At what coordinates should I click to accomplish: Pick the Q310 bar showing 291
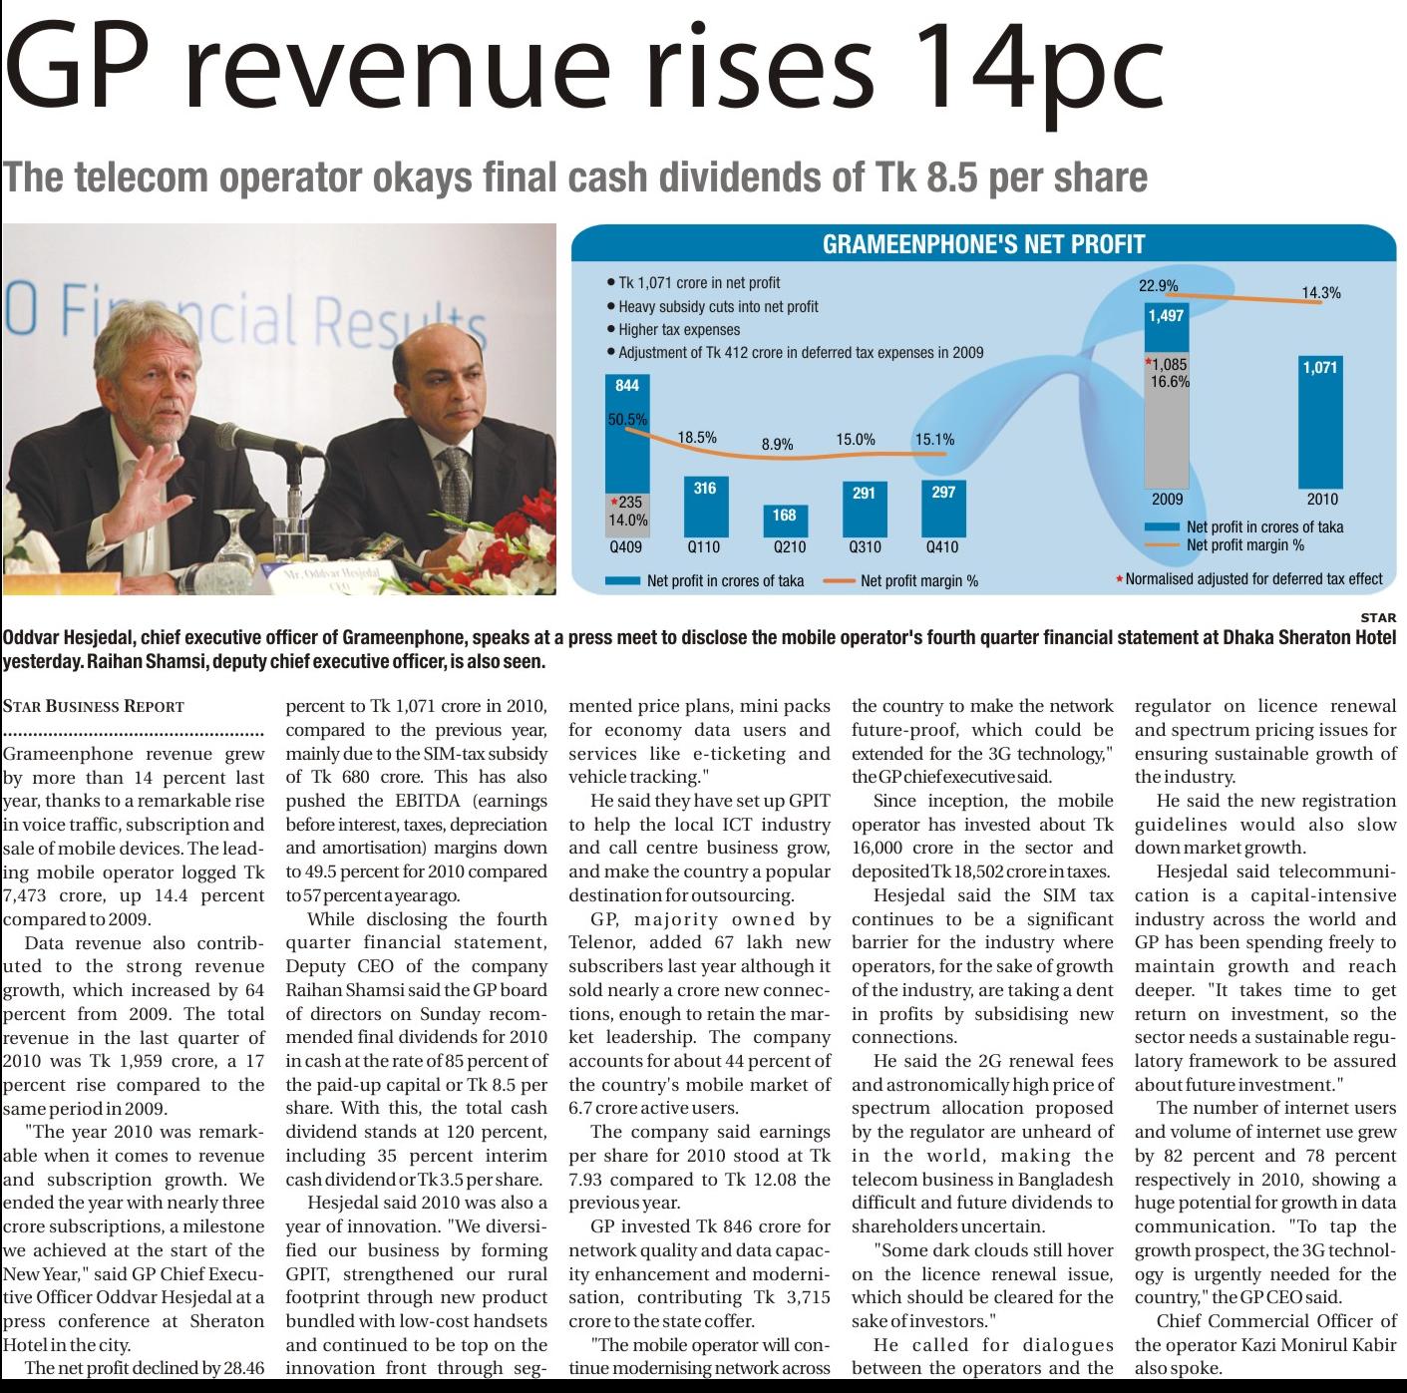point(864,508)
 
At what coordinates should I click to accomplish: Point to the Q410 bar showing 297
point(942,507)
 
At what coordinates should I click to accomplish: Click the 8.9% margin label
point(777,445)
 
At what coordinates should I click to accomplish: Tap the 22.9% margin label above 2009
point(1158,285)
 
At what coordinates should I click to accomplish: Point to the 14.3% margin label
point(1321,293)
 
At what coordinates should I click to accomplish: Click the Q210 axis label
point(789,547)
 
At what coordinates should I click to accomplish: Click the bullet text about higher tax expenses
point(678,329)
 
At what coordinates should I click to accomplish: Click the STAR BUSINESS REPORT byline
point(94,706)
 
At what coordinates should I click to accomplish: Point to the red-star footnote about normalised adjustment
point(1252,578)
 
